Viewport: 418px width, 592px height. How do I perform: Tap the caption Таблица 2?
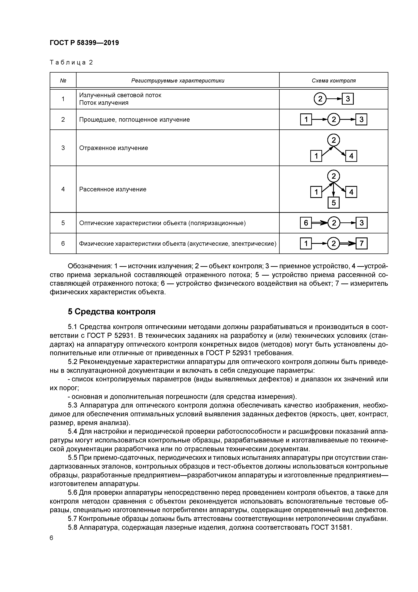point(71,62)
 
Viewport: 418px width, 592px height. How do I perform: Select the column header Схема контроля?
point(334,81)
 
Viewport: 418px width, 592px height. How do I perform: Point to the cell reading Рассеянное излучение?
point(113,189)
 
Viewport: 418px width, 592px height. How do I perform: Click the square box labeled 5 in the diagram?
point(334,203)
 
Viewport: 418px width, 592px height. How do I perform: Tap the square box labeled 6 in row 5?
point(306,223)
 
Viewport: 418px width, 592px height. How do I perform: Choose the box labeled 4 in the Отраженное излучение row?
point(351,156)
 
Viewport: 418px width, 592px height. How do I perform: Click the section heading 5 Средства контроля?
point(112,312)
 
